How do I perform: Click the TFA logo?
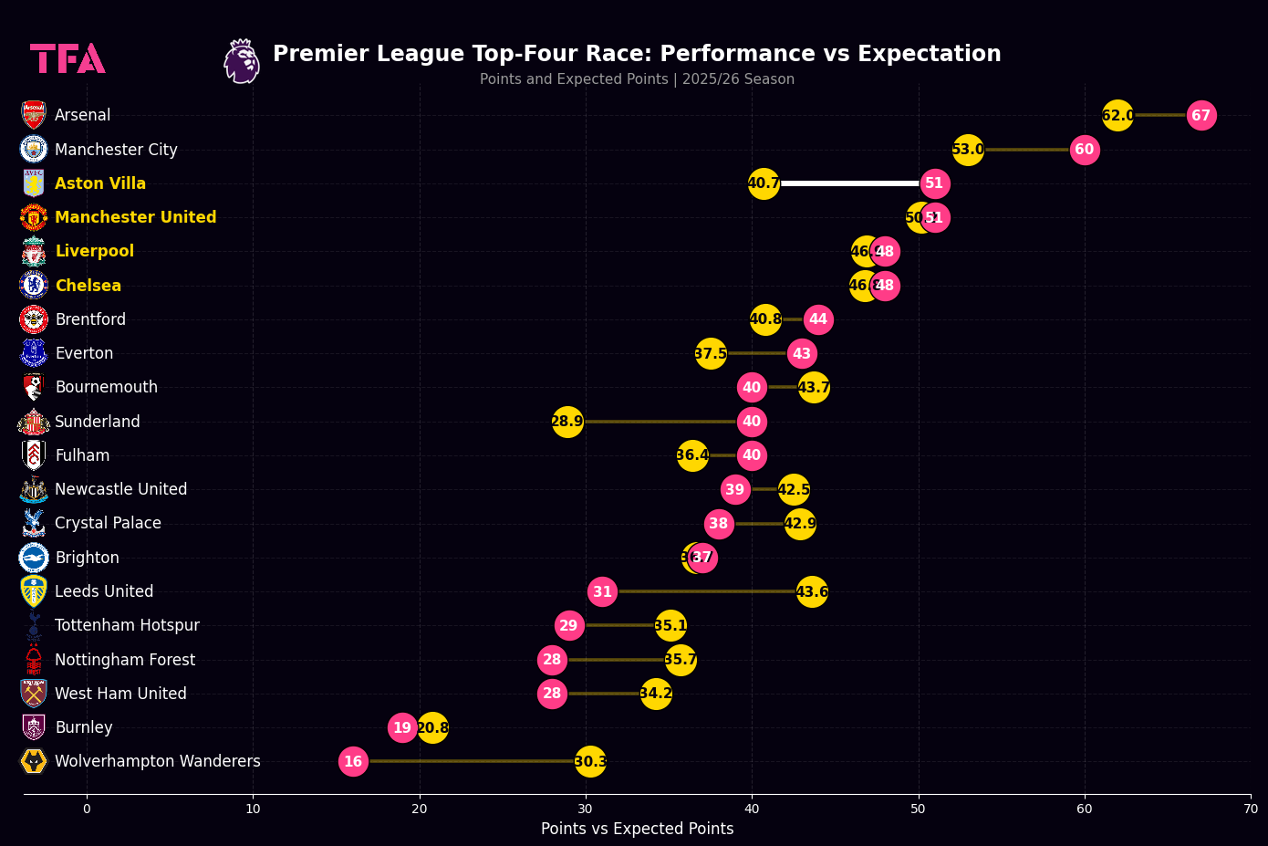click(68, 58)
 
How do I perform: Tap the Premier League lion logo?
click(242, 61)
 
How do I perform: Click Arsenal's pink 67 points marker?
click(1201, 116)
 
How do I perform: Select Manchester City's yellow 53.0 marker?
click(968, 150)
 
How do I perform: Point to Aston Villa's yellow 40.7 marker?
click(764, 183)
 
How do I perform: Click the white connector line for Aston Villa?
click(848, 183)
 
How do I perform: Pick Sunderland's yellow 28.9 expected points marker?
click(567, 422)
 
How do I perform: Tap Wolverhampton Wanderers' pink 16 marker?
click(353, 761)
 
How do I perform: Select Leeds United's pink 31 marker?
click(602, 591)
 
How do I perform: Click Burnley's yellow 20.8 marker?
click(432, 727)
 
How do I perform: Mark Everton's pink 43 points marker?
click(802, 353)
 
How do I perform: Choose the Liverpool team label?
click(95, 251)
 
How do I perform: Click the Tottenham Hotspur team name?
click(127, 625)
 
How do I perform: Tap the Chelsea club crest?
click(34, 285)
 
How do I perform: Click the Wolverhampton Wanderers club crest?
click(34, 761)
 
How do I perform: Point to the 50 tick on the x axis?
click(919, 809)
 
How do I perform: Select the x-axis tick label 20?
click(420, 809)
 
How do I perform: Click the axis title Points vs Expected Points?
click(637, 829)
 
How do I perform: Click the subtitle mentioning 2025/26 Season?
click(637, 79)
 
